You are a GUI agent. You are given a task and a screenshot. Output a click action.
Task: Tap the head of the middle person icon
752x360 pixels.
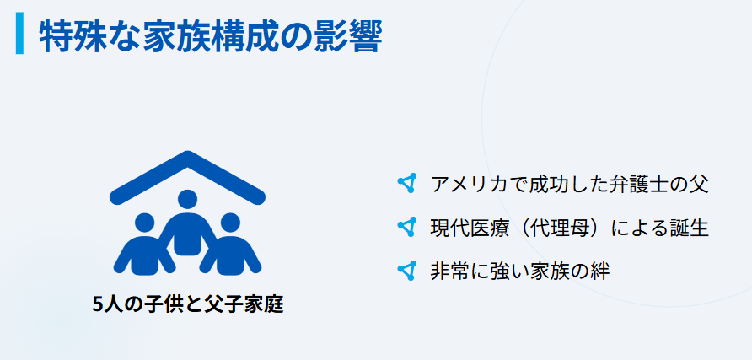187,201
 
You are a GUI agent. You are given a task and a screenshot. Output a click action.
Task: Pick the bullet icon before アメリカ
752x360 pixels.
407,183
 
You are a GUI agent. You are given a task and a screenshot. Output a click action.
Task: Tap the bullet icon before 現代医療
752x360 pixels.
407,227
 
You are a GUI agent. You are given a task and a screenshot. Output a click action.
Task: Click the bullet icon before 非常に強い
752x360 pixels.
407,271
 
